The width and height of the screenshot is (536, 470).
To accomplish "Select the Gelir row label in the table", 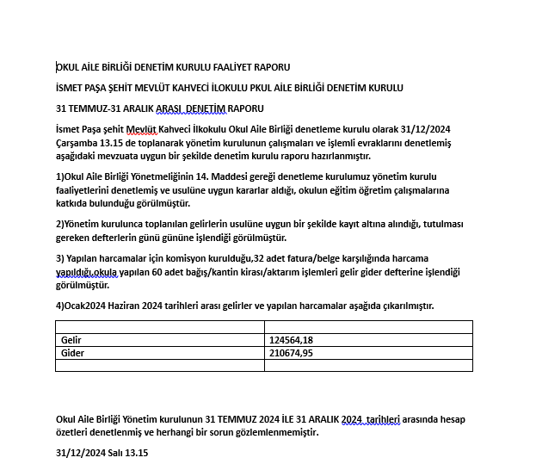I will coord(71,339).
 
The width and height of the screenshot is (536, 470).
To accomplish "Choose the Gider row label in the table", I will coord(71,352).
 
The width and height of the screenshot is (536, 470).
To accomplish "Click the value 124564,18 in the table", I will coord(291,339).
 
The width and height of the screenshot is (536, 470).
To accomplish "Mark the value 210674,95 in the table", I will coord(291,352).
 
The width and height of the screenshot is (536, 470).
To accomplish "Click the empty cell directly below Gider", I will coord(159,365).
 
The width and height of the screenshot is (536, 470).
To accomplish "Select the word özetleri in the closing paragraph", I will coord(73,432).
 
